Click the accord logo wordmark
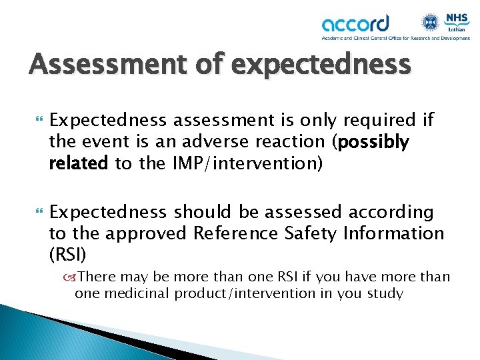tap(355, 25)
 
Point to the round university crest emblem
tap(429, 21)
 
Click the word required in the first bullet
tap(383, 120)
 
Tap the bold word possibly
tap(374, 141)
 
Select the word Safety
tap(312, 233)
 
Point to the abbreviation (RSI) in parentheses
tap(69, 255)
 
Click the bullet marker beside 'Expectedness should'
tap(35, 212)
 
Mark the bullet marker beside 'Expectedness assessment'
tap(35, 120)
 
